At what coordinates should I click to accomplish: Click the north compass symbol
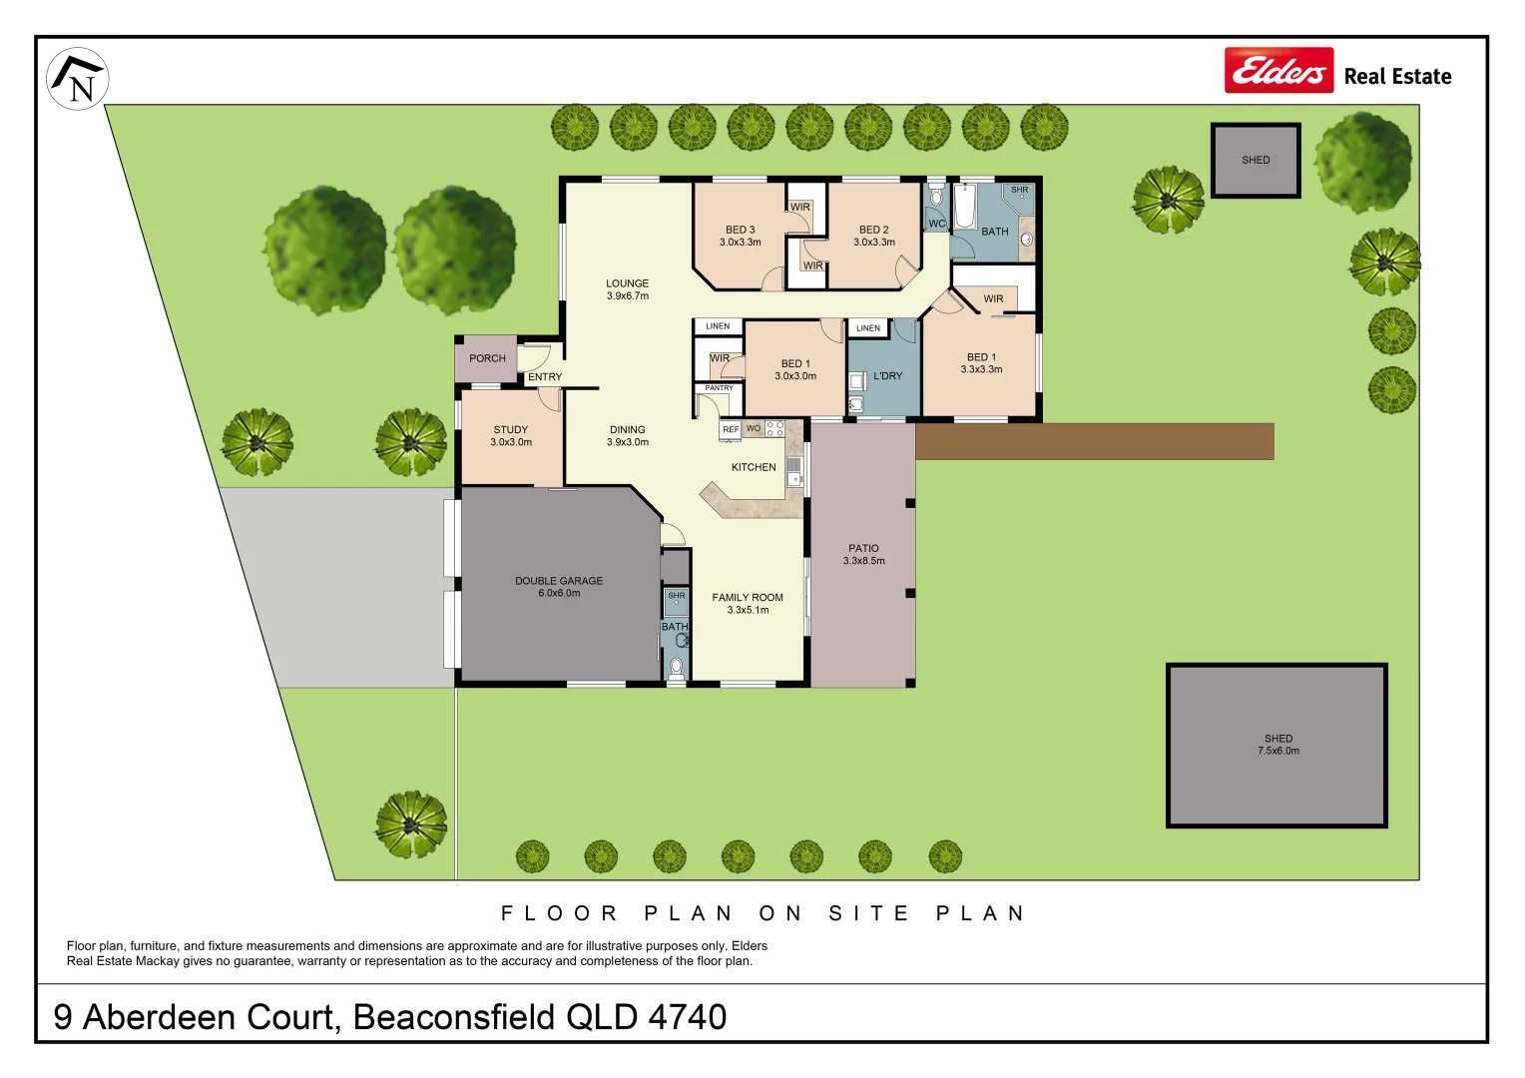click(78, 79)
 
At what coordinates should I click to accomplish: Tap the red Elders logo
click(1278, 71)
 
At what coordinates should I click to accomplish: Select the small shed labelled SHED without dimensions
click(1256, 161)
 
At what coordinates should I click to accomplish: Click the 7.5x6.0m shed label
click(1278, 745)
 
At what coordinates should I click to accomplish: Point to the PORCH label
click(487, 358)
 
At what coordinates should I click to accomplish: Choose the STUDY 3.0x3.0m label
click(511, 436)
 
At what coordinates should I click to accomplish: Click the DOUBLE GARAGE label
click(559, 587)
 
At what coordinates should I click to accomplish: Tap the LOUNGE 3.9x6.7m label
click(627, 289)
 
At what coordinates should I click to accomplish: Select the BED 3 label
click(741, 236)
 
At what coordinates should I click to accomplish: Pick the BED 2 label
click(874, 236)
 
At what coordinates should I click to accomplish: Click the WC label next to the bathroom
click(937, 224)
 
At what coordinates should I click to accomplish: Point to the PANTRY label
click(719, 388)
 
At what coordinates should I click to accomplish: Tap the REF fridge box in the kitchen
click(731, 430)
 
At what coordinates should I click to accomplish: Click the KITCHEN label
click(754, 467)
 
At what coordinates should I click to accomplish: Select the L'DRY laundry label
click(887, 376)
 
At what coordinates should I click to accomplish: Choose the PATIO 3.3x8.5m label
click(864, 554)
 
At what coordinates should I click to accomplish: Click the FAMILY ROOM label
click(748, 603)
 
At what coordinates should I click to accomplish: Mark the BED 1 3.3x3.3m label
click(981, 363)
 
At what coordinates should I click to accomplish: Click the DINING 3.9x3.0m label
click(628, 436)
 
